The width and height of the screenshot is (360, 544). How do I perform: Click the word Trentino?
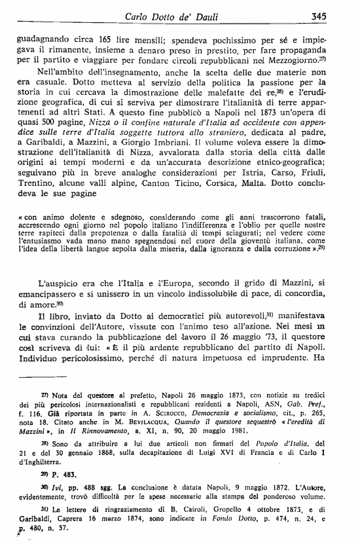[32, 185]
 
